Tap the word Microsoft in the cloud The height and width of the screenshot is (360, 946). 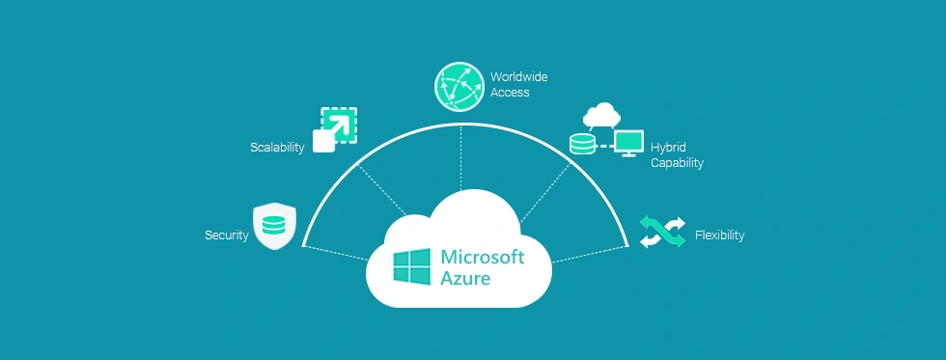(x=483, y=257)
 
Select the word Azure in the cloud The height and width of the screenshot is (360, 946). (x=465, y=279)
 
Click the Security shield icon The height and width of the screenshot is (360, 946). (x=272, y=226)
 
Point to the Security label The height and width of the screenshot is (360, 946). (x=226, y=235)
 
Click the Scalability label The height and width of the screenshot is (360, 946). (x=277, y=148)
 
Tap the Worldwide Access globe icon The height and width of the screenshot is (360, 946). (x=459, y=85)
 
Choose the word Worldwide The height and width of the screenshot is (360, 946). (x=519, y=76)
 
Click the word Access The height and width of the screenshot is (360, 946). (x=510, y=93)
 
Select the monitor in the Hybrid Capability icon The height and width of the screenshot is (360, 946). (x=629, y=142)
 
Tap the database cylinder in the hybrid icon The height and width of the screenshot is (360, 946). (x=582, y=145)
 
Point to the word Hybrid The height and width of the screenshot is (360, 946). (x=667, y=147)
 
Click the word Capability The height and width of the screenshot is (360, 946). (x=677, y=163)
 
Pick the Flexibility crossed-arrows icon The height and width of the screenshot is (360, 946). (x=662, y=233)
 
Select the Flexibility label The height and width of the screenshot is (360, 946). (x=719, y=235)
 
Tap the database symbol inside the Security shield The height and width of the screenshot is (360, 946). (x=272, y=227)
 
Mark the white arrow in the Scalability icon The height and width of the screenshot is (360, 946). (x=340, y=124)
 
